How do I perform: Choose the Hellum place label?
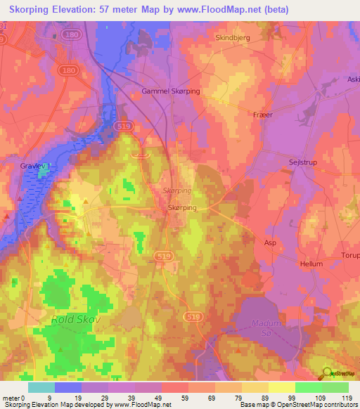(311, 264)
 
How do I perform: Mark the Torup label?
(349, 256)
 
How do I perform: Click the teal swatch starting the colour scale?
(41, 387)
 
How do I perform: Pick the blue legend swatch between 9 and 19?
(68, 387)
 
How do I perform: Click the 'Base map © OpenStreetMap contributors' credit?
(297, 405)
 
